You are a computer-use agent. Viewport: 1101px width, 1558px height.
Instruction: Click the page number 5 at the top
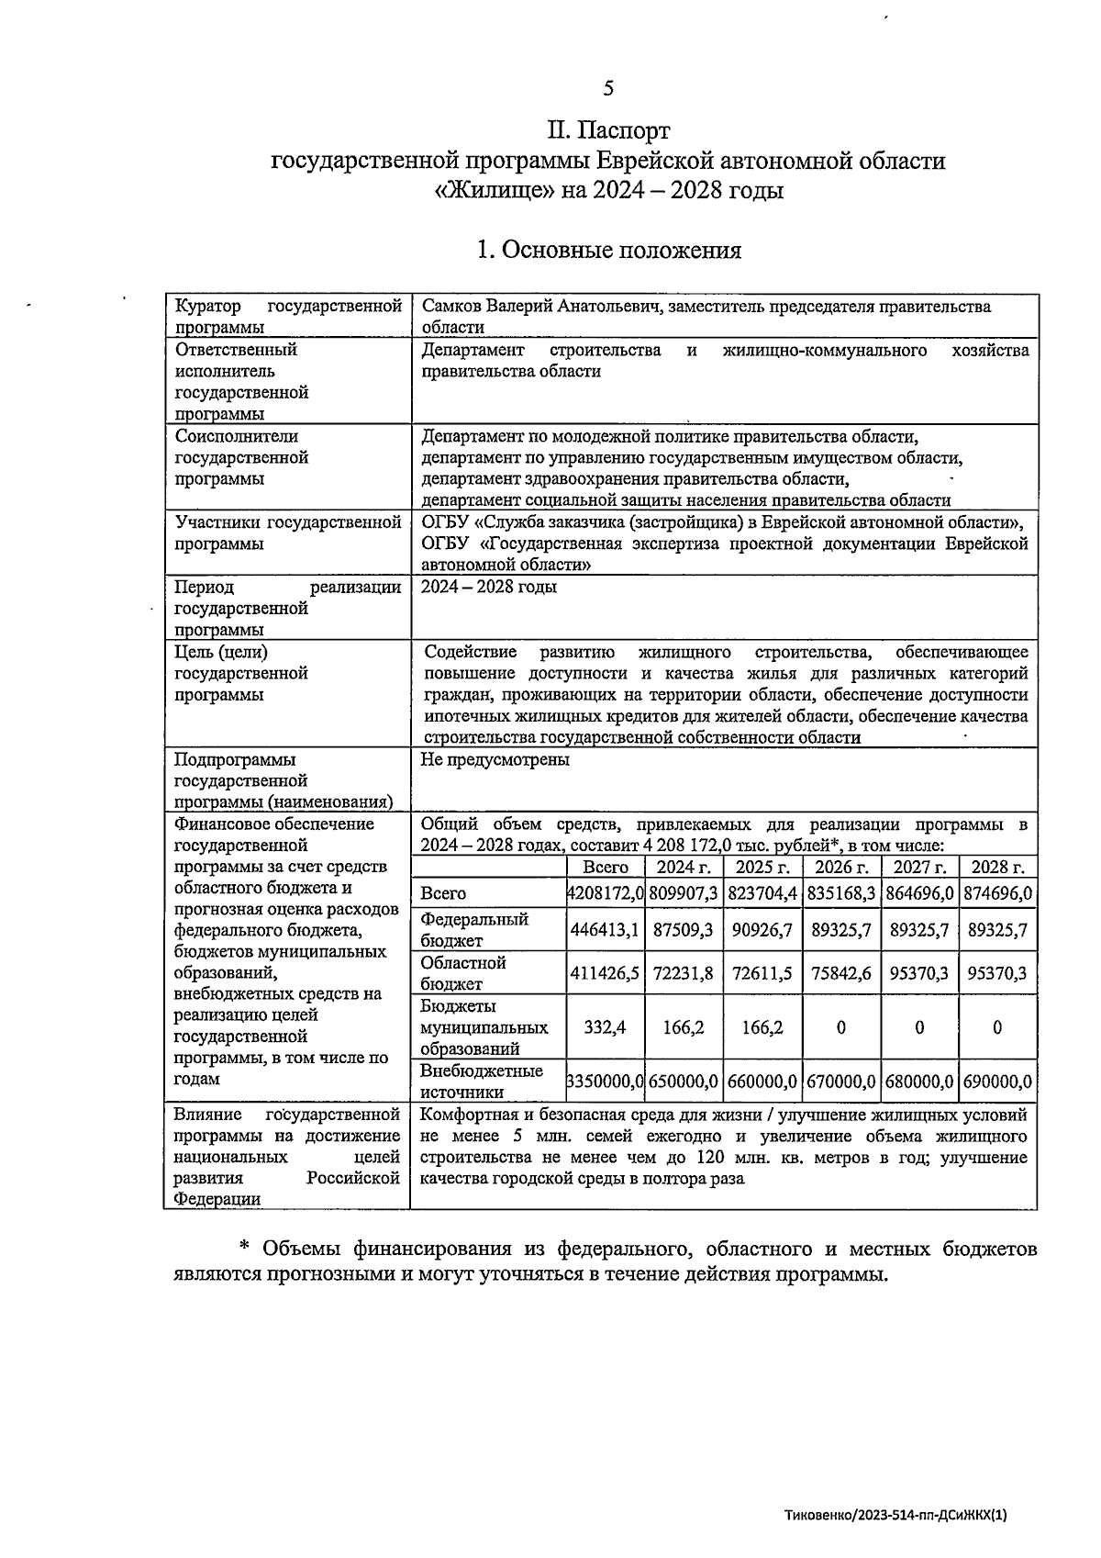pyautogui.click(x=608, y=88)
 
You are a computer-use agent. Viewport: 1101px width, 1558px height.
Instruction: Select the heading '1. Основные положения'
pyautogui.click(x=608, y=250)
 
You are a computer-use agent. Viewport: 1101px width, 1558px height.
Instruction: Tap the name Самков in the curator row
pyautogui.click(x=450, y=307)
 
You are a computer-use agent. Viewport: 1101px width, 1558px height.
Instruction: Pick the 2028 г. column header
pyautogui.click(x=997, y=868)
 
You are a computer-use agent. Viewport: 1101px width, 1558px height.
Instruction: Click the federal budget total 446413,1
pyautogui.click(x=605, y=930)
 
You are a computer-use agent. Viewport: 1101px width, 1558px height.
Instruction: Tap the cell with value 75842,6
pyautogui.click(x=840, y=973)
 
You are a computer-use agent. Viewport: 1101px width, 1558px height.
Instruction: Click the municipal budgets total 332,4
pyautogui.click(x=605, y=1027)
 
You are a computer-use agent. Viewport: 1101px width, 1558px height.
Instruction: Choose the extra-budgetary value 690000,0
pyautogui.click(x=997, y=1082)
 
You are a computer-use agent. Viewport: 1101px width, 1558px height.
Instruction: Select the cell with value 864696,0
pyautogui.click(x=919, y=892)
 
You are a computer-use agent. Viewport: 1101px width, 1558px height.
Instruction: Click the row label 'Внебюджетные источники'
pyautogui.click(x=482, y=1082)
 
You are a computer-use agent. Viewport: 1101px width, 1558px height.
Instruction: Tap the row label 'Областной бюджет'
pyautogui.click(x=463, y=973)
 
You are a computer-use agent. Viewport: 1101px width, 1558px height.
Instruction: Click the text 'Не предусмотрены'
pyautogui.click(x=495, y=760)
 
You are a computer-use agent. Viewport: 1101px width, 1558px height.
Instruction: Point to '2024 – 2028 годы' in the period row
pyautogui.click(x=488, y=588)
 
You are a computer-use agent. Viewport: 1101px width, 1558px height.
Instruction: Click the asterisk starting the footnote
pyautogui.click(x=245, y=1249)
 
